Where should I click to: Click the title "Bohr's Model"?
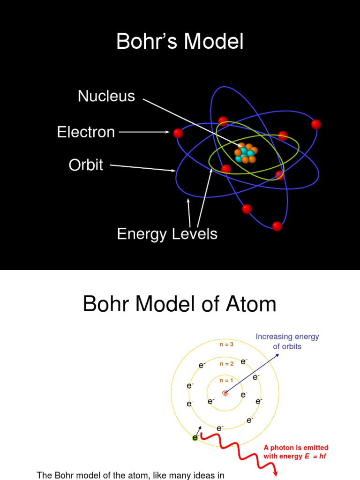180,42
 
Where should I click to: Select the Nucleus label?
106,96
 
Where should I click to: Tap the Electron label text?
86,132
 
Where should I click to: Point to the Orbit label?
86,165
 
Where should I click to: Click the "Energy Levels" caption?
167,233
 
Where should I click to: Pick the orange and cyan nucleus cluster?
246,153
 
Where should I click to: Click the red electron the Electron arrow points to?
178,134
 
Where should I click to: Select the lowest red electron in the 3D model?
277,226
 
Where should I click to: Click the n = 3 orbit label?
226,345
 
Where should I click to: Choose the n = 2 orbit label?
226,364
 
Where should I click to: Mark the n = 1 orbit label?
226,381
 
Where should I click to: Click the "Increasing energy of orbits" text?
287,342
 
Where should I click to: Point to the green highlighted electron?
195,438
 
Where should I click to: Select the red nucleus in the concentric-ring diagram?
225,393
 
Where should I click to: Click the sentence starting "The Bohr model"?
131,475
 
